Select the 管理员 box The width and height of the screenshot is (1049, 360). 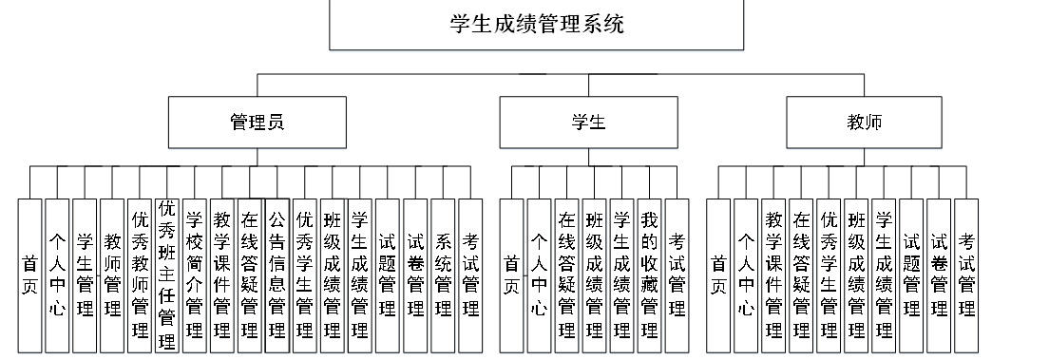coord(257,123)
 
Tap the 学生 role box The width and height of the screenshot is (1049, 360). coord(588,123)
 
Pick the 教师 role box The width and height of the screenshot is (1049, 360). coord(864,123)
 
